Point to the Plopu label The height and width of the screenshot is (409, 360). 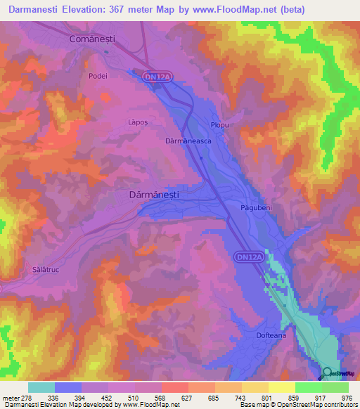[220, 125]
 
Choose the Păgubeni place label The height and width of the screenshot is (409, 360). [255, 209]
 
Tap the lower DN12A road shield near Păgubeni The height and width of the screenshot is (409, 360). [249, 259]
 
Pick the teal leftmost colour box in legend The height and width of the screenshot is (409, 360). [41, 387]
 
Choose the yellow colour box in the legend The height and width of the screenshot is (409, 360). [282, 387]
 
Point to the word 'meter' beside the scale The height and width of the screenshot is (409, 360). [12, 398]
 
